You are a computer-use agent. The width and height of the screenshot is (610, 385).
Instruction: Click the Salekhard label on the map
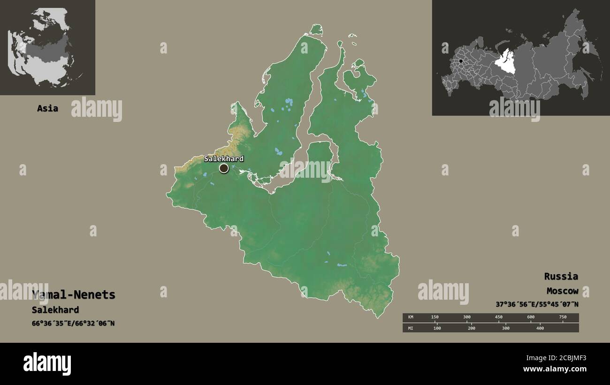coord(223,159)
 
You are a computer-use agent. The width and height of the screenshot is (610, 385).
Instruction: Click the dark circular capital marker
coord(224,168)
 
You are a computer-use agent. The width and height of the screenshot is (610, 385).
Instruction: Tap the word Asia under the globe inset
coord(47,108)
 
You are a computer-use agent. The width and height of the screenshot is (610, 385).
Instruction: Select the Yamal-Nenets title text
coord(74,295)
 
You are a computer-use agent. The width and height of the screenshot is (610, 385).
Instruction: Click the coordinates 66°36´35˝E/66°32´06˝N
coord(73,323)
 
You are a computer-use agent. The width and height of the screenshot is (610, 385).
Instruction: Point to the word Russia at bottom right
coord(561,276)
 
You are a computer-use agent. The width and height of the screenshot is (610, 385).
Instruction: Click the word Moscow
coord(562,291)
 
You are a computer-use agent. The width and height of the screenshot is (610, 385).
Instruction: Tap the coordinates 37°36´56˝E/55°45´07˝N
coord(537,304)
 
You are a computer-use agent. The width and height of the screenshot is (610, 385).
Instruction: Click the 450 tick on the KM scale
coord(498,317)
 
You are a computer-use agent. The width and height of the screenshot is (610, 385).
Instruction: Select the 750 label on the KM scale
coord(562,317)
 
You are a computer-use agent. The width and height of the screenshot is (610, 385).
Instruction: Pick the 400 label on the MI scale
coord(540,328)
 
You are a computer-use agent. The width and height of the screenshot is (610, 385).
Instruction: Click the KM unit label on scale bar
coord(411,317)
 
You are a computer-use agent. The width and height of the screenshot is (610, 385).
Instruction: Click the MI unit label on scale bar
coord(411,328)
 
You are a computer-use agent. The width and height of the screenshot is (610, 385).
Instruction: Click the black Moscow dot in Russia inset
coord(461,61)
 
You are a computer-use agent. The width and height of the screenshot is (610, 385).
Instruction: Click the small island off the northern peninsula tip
coord(317,30)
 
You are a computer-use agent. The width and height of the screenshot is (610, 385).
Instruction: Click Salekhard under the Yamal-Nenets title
coord(55,310)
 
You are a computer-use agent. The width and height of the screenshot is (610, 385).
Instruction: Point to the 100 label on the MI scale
coord(437,328)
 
